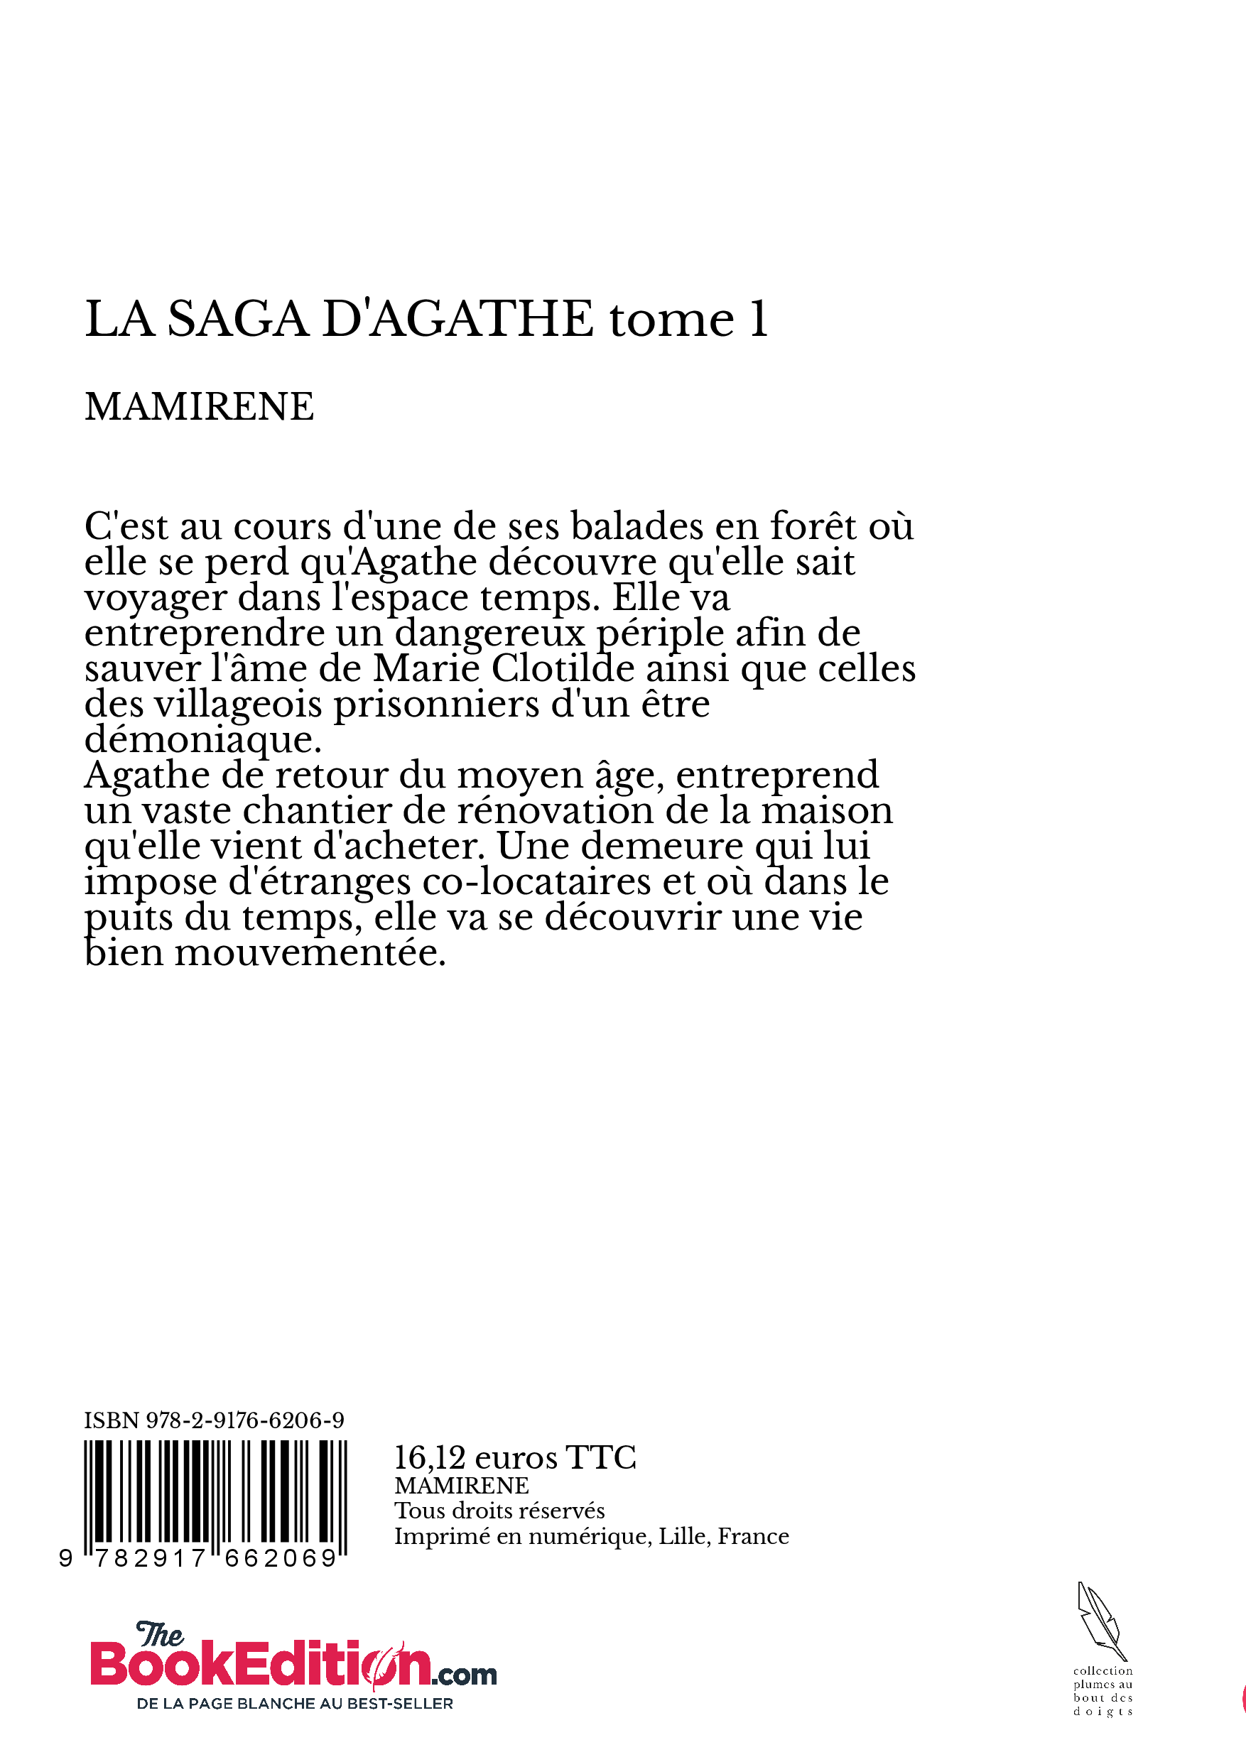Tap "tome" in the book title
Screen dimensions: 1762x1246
pyautogui.click(x=672, y=320)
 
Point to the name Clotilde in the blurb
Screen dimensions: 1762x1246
pyautogui.click(x=563, y=668)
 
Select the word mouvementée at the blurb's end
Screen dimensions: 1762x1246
pyautogui.click(x=310, y=953)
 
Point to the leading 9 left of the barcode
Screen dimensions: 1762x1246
pyautogui.click(x=66, y=1558)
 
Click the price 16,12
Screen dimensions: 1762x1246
pyautogui.click(x=430, y=1457)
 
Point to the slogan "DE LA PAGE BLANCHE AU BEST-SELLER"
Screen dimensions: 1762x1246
pyautogui.click(x=294, y=1704)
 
